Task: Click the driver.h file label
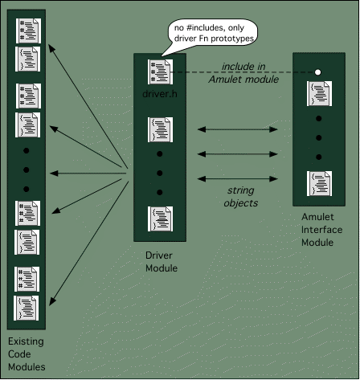pos(160,94)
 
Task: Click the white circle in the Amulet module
pos(317,72)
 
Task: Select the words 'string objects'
pos(241,197)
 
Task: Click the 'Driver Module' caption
pos(162,262)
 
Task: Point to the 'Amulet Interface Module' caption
pos(321,230)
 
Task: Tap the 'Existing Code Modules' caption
pos(27,353)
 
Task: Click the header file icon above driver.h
pos(160,72)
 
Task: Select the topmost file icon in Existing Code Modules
pos(28,31)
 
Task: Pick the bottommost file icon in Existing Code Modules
pos(27,308)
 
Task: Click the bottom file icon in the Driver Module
pos(160,219)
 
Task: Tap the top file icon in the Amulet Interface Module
pos(319,93)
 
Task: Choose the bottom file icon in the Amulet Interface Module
pos(319,183)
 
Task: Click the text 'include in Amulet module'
pos(243,73)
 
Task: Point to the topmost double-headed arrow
pos(237,129)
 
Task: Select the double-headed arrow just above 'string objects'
pos(237,178)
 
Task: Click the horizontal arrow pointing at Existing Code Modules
pos(88,174)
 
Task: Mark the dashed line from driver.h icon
pos(243,72)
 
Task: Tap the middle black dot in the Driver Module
pos(160,173)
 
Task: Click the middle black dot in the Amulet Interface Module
pos(318,137)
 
